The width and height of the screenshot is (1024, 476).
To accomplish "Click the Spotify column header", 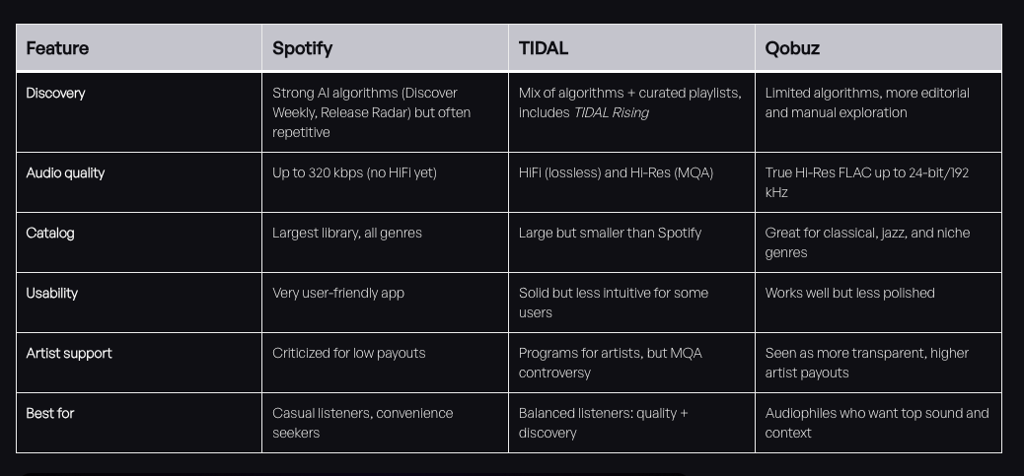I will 302,48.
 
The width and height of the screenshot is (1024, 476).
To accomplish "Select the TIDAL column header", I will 544,48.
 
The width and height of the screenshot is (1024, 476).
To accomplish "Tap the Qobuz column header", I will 792,48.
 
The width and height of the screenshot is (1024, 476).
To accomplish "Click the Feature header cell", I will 57,48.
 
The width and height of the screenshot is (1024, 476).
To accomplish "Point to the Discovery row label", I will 55,93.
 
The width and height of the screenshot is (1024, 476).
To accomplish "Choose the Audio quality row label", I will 65,172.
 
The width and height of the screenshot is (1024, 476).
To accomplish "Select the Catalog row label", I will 50,233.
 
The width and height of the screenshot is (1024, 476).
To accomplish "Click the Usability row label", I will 51,293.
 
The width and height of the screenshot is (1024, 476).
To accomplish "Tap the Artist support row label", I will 69,353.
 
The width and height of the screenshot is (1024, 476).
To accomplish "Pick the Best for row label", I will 50,413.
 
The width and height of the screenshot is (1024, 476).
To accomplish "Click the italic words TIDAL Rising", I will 611,112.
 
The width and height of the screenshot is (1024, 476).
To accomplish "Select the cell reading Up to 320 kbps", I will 354,172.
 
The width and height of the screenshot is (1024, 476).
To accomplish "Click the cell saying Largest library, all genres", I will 347,233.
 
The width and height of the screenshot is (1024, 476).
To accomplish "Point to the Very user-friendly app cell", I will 338,293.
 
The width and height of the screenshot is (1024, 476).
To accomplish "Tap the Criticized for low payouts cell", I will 349,353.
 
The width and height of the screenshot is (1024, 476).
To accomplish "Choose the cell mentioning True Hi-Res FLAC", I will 866,182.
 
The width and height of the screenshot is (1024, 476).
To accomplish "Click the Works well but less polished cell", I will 849,293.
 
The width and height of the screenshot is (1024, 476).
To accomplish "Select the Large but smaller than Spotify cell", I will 610,233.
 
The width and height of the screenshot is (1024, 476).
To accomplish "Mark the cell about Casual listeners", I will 362,423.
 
